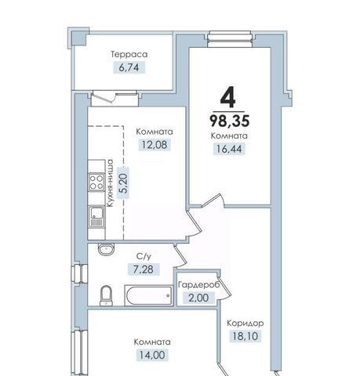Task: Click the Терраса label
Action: click(x=129, y=54)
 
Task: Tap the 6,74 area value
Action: click(x=129, y=67)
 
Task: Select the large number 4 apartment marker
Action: click(x=228, y=99)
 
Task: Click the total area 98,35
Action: click(x=230, y=121)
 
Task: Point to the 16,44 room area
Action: click(x=229, y=149)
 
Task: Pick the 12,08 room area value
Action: click(x=155, y=144)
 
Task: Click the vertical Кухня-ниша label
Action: click(x=111, y=183)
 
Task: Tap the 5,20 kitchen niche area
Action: click(x=123, y=183)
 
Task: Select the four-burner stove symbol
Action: click(x=96, y=182)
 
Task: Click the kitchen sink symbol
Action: click(x=96, y=217)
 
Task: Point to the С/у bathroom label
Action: click(x=144, y=257)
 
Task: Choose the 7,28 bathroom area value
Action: click(x=144, y=269)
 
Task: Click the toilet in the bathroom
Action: click(x=106, y=295)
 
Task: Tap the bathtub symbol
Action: click(x=149, y=295)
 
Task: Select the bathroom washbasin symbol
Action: click(x=106, y=249)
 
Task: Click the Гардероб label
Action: click(x=198, y=285)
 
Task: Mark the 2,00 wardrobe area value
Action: click(x=198, y=298)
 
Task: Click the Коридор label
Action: click(x=245, y=324)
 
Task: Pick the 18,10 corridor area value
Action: click(x=245, y=336)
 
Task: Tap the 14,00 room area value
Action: click(x=152, y=355)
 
